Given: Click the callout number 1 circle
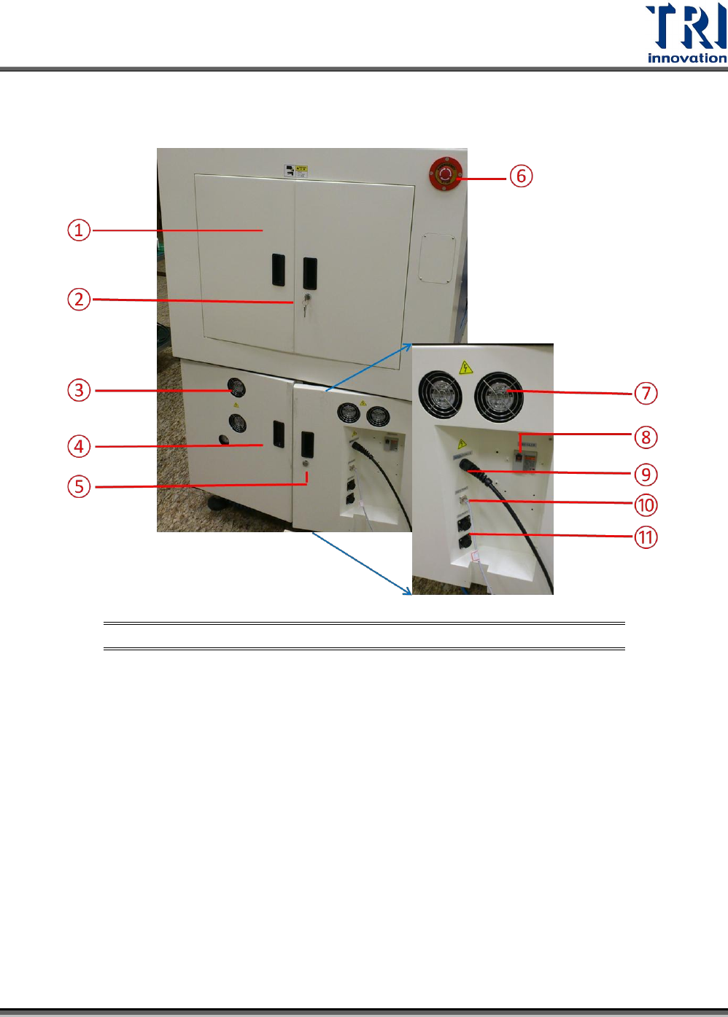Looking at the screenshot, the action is [x=79, y=230].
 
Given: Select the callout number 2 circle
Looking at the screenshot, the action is [x=79, y=299].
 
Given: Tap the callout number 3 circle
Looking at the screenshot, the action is [x=79, y=390].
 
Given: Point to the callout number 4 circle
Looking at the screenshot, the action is [x=79, y=446].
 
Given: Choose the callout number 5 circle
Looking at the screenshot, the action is [x=79, y=486].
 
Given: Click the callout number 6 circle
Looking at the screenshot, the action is [x=521, y=176].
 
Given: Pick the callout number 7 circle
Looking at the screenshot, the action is [x=646, y=394].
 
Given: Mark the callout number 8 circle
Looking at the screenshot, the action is [x=646, y=437].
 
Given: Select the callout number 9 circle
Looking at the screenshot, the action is [x=646, y=475].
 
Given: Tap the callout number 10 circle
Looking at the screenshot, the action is [x=646, y=505].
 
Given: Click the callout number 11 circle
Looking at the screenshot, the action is [x=646, y=538].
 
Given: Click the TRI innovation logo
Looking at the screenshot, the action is [x=686, y=34].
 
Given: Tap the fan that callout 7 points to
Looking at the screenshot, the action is [x=498, y=396].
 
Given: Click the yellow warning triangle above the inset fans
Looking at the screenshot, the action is [x=465, y=367].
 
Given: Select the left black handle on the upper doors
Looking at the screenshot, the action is [x=279, y=270].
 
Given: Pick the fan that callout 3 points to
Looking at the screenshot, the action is [x=236, y=386].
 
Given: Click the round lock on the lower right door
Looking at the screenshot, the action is [x=305, y=464].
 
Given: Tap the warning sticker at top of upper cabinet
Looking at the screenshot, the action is [x=295, y=171].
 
